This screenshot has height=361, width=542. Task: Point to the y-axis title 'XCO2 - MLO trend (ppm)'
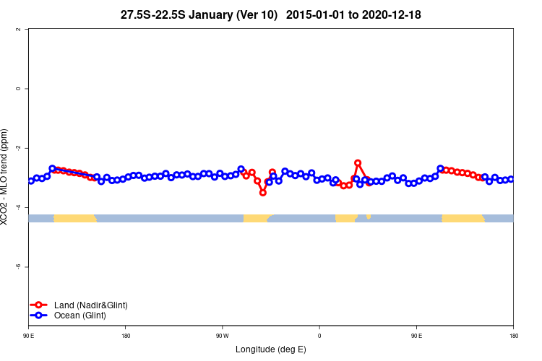tap(7, 177)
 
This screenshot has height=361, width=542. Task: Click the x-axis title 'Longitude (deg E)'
tap(271, 349)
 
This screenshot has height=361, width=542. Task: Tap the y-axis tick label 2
tap(18, 30)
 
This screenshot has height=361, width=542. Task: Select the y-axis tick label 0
tap(18, 89)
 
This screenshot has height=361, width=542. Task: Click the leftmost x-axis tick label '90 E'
tap(29, 336)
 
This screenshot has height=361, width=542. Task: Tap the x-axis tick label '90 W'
tap(222, 336)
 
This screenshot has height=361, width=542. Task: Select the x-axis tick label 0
tap(319, 336)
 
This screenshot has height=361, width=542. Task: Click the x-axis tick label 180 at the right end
tap(513, 336)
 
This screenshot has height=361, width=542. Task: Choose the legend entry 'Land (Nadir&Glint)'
tap(90, 305)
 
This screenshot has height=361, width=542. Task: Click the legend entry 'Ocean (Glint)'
tap(79, 316)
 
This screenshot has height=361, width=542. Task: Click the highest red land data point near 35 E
tap(358, 163)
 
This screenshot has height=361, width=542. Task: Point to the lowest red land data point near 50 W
tap(263, 193)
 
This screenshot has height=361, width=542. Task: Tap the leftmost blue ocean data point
tap(31, 180)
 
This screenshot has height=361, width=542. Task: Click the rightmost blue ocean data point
tap(511, 179)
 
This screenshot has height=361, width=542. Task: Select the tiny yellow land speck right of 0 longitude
tap(369, 216)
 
